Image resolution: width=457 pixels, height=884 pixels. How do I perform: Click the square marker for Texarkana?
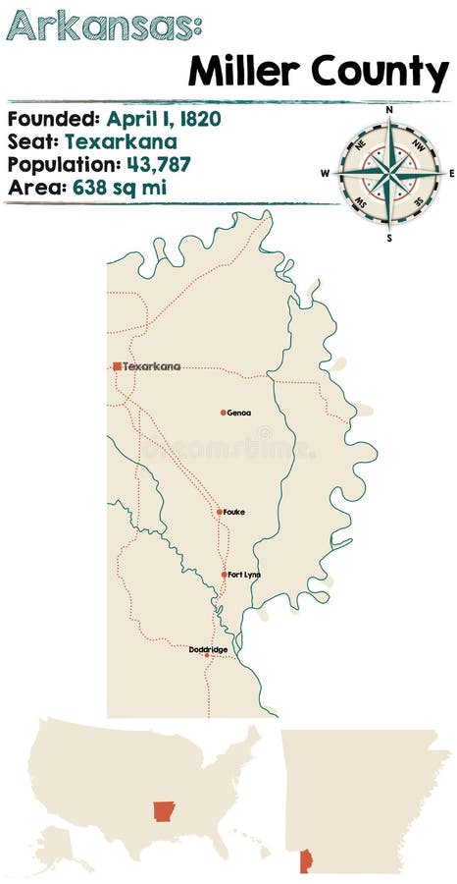click(x=118, y=366)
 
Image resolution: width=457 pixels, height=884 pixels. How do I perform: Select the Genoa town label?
click(x=238, y=413)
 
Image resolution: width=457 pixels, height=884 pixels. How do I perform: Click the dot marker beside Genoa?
click(x=224, y=413)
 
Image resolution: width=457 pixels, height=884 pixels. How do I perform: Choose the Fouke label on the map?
click(x=234, y=512)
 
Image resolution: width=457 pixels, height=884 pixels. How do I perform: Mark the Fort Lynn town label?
click(x=245, y=575)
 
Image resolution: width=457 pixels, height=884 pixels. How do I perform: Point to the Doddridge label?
click(x=209, y=648)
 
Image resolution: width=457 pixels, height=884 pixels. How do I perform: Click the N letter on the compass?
click(x=389, y=109)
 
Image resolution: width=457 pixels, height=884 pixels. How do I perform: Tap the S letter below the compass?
click(x=389, y=237)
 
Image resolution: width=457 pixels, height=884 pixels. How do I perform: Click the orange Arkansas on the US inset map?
click(x=163, y=811)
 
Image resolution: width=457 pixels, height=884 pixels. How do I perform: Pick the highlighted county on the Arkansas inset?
click(x=304, y=860)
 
